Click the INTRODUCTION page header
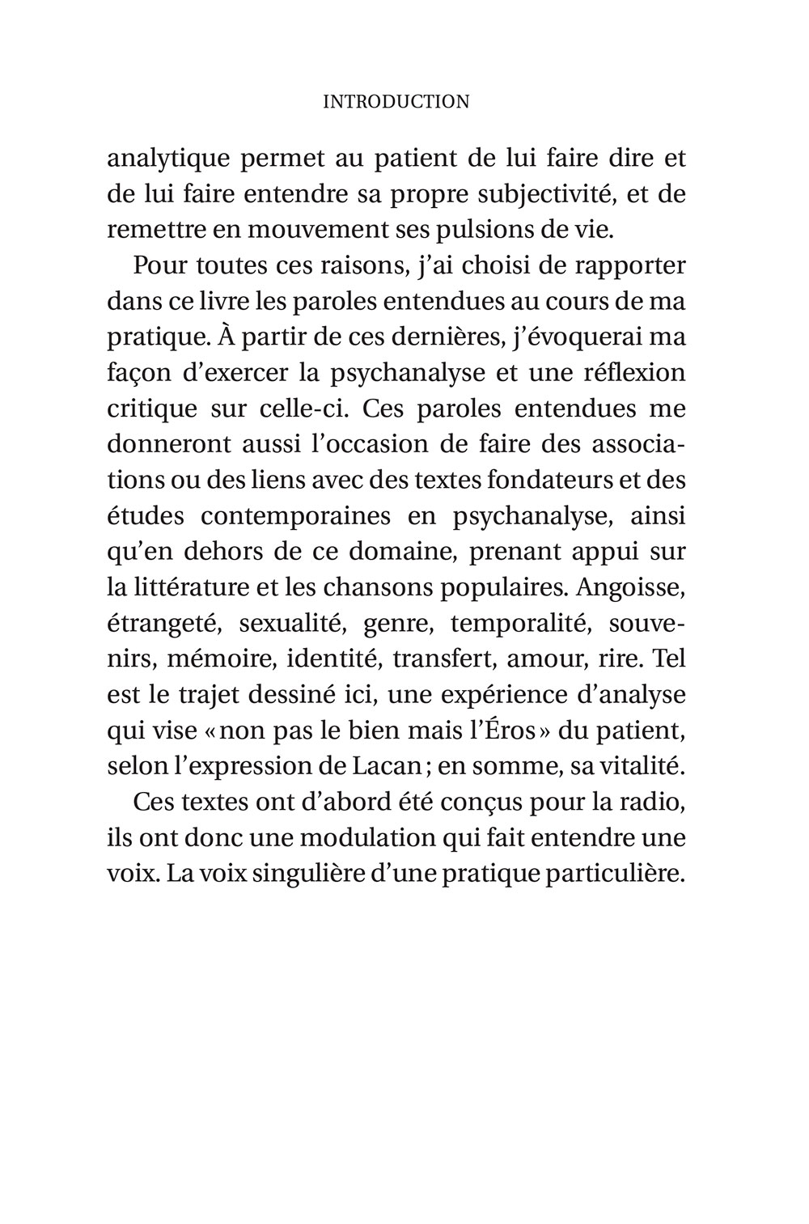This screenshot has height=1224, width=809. [x=396, y=102]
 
